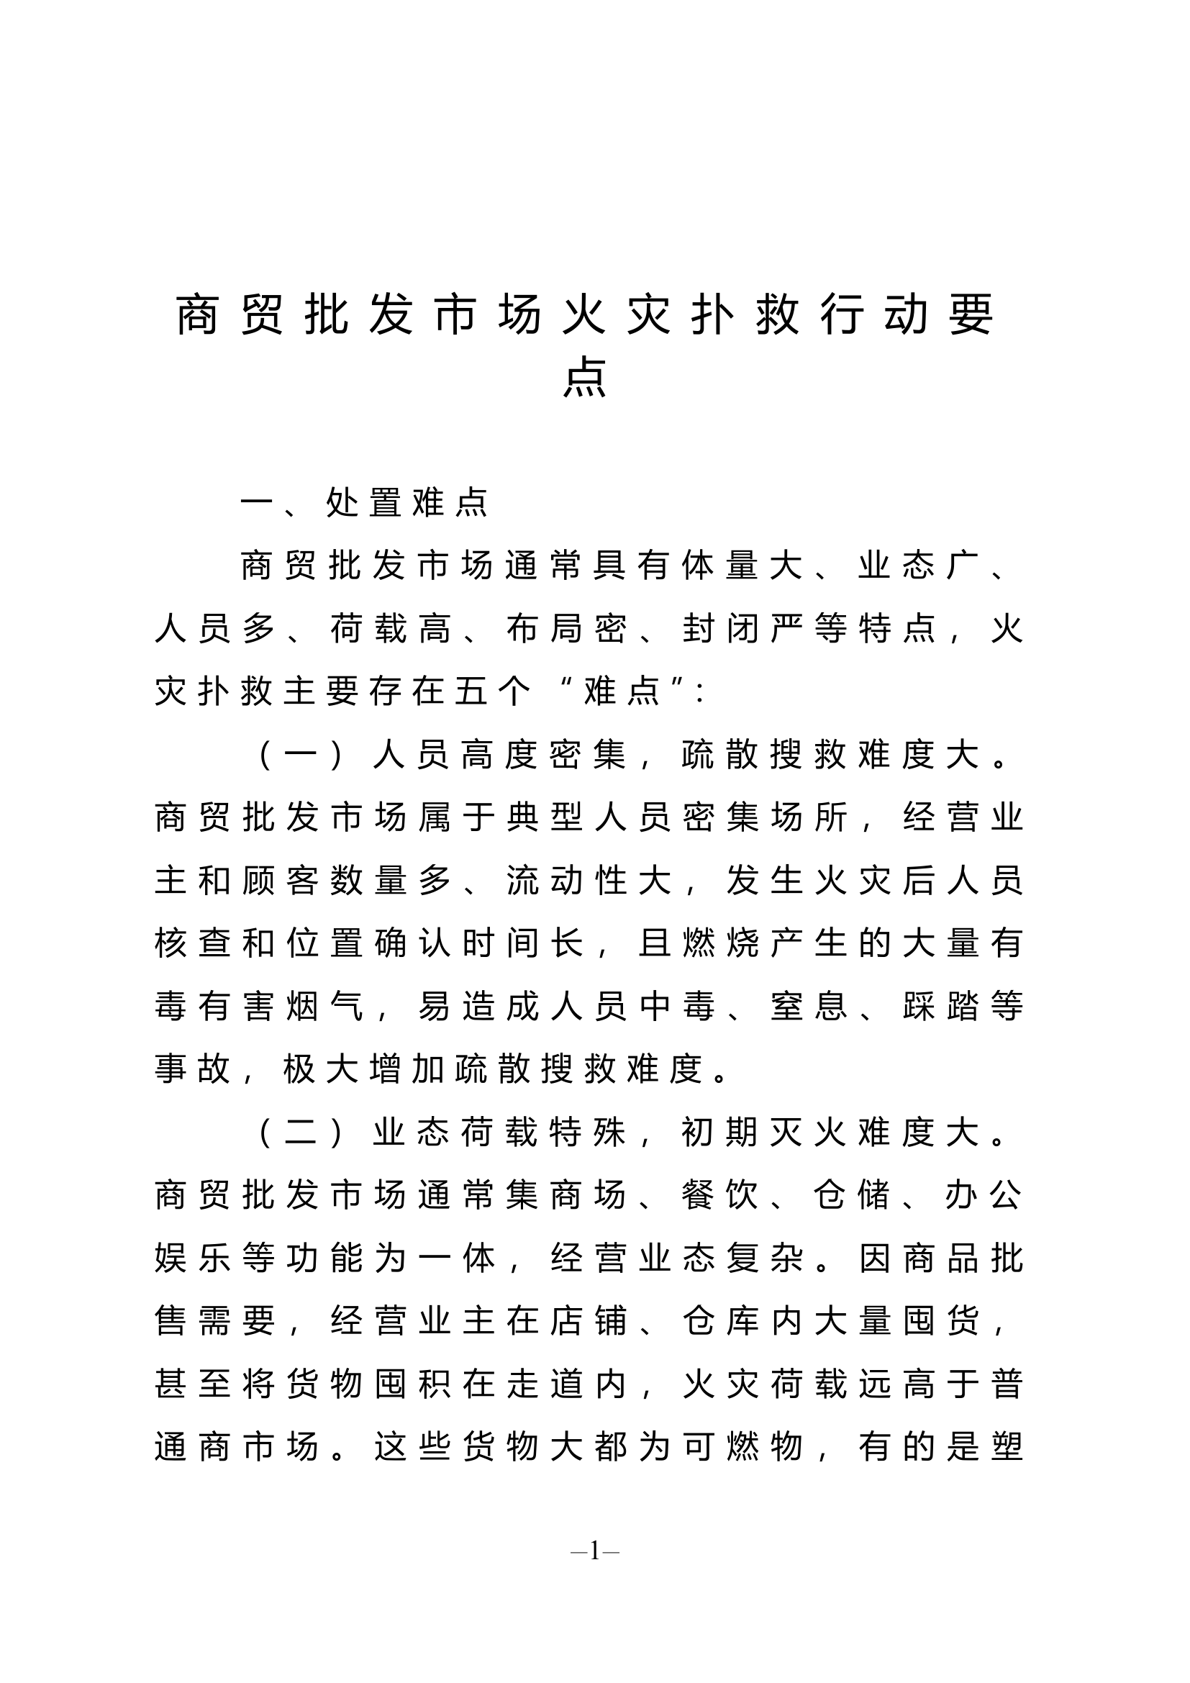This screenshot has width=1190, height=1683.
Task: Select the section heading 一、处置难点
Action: (364, 503)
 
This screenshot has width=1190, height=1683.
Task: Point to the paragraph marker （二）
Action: (301, 1133)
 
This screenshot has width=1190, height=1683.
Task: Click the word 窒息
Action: (809, 1007)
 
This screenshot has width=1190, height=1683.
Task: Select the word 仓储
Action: (853, 1196)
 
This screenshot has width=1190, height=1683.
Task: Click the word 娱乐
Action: (192, 1258)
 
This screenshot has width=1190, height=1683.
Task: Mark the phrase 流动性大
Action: (589, 880)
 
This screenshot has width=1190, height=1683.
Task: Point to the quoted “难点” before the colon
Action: (622, 691)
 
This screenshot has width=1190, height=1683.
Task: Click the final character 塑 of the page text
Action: (1007, 1448)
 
